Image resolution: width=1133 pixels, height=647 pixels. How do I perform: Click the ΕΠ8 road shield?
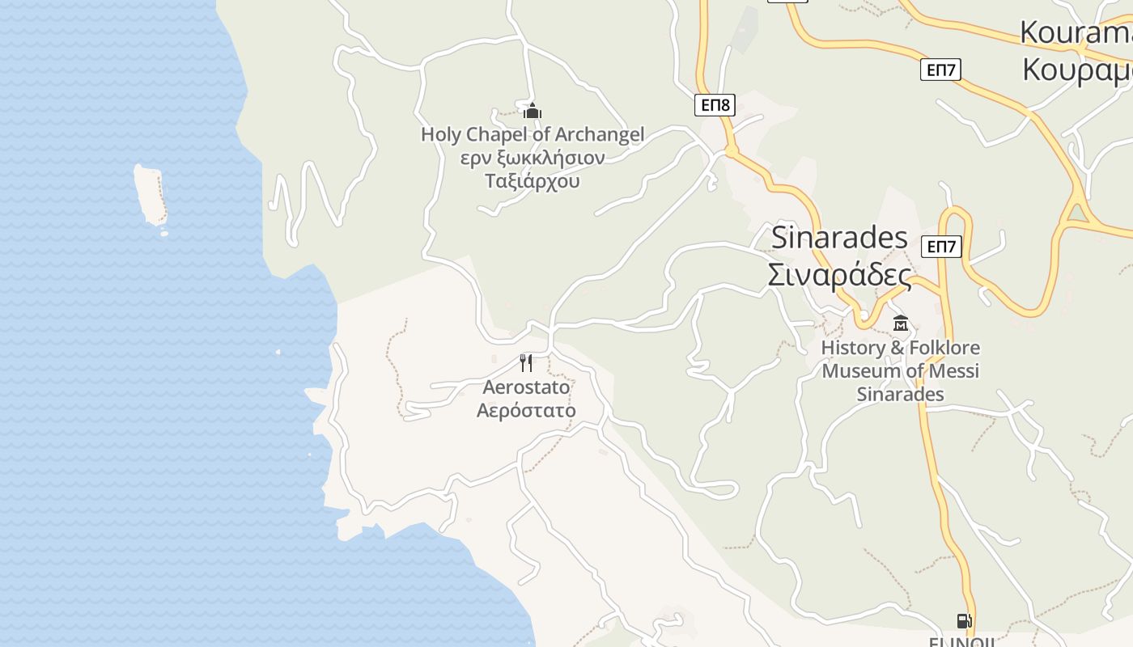pos(715,104)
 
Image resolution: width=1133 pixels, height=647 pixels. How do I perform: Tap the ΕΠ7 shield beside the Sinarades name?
pos(941,247)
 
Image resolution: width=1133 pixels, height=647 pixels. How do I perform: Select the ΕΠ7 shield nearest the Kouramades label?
pos(940,70)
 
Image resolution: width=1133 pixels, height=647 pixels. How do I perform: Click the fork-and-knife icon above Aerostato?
pos(526,362)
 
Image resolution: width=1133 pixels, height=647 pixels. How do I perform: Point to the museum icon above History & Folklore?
pos(900,323)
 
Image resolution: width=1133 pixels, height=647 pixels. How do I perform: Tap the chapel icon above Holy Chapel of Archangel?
pos(533,111)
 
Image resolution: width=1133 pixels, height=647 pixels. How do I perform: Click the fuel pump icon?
pos(964,621)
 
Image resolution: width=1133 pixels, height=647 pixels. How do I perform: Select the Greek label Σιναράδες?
pos(839,276)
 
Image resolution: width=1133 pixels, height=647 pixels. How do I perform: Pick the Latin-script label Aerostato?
pos(526,387)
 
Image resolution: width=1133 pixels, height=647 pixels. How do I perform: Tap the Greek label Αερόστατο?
pos(526,411)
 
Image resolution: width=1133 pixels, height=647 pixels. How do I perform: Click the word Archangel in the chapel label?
pos(600,134)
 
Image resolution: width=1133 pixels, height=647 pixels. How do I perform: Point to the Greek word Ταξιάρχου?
pos(533,180)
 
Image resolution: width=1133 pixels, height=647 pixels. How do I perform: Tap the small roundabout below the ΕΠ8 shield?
pos(731,152)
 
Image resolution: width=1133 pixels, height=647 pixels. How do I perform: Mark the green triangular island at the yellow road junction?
pos(1076,213)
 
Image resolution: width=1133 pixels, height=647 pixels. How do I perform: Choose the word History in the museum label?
pos(853,348)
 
